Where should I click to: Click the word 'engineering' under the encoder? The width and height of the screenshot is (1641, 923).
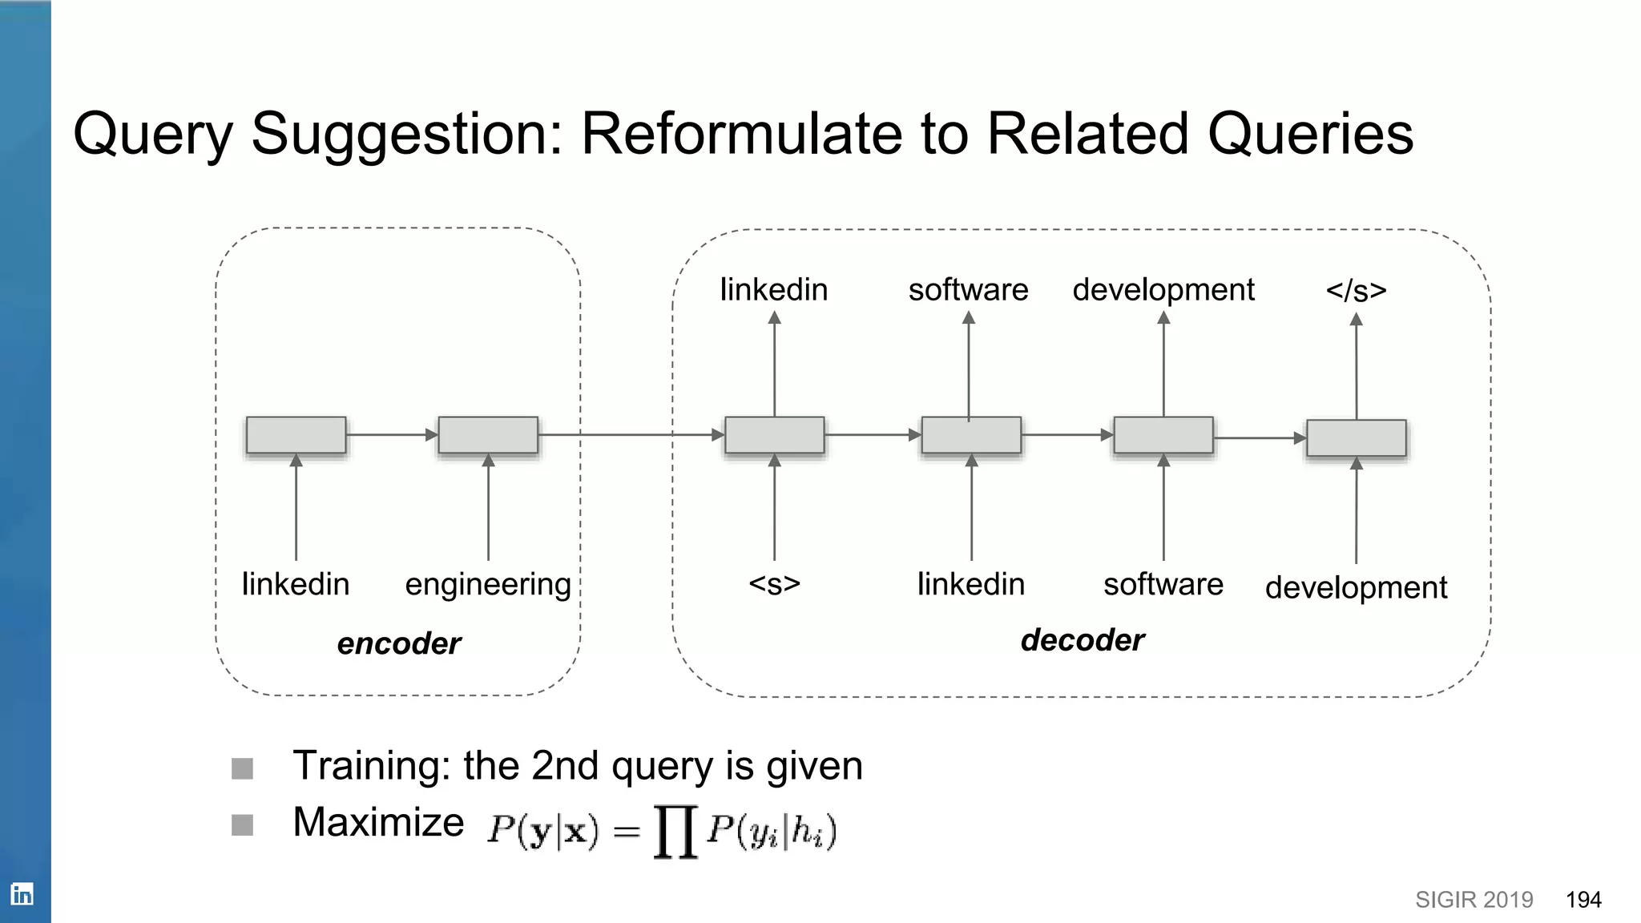[488, 584]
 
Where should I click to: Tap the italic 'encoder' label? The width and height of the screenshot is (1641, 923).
[398, 643]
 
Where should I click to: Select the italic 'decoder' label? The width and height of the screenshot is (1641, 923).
[1082, 640]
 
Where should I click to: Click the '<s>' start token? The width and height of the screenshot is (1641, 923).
[774, 584]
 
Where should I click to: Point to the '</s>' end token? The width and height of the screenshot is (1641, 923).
[1356, 290]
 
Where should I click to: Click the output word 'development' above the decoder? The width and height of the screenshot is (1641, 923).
[1163, 290]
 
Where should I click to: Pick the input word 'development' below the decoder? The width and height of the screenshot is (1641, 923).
[1356, 587]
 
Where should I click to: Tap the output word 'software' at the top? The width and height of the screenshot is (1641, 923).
[968, 290]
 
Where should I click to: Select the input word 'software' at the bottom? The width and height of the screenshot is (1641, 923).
[1163, 584]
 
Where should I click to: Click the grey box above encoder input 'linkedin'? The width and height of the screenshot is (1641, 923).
[296, 435]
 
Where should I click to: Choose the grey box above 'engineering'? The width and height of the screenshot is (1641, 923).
[488, 435]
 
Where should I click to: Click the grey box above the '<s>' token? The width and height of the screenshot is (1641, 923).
[774, 435]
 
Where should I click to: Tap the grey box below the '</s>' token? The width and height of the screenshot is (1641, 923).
[1356, 438]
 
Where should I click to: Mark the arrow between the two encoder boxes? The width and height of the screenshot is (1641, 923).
[392, 435]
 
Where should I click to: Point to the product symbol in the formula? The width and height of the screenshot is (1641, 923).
[675, 832]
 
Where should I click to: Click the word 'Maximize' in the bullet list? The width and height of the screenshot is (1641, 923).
[378, 822]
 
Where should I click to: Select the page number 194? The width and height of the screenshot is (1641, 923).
[1583, 900]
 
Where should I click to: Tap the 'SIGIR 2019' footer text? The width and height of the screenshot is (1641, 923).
[1474, 900]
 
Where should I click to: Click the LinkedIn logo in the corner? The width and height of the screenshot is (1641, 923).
[22, 893]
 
